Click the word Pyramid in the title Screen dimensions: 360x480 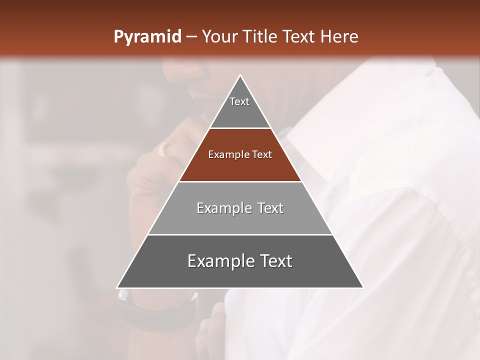147,37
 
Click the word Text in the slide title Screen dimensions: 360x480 300,36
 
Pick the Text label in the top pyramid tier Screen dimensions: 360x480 239,101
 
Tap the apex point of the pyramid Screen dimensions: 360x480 240,75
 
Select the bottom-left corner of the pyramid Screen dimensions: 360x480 117,288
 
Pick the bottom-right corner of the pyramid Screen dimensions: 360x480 363,288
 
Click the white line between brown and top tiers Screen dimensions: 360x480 240,128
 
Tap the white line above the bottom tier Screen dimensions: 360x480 240,234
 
